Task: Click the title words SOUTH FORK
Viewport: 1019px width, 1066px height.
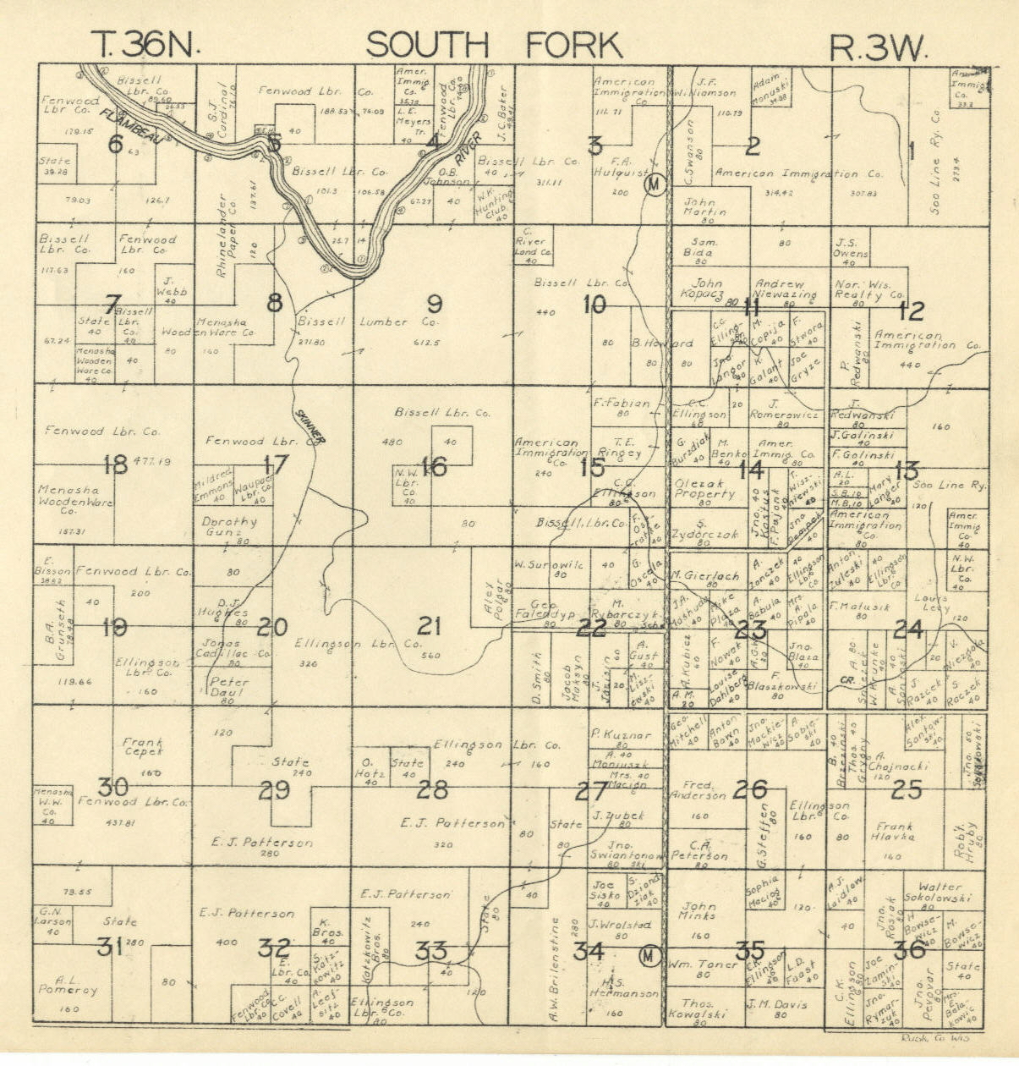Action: point(494,45)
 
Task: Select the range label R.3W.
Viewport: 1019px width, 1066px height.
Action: point(877,47)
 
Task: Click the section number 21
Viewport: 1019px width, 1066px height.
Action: point(430,626)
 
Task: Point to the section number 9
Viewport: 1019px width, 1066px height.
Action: point(434,302)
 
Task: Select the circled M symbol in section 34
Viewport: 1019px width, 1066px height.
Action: point(649,955)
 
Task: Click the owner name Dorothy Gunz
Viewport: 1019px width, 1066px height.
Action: point(229,528)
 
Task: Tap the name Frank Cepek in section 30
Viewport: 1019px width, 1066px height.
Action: point(143,746)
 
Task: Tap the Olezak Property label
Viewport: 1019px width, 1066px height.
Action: point(704,490)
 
